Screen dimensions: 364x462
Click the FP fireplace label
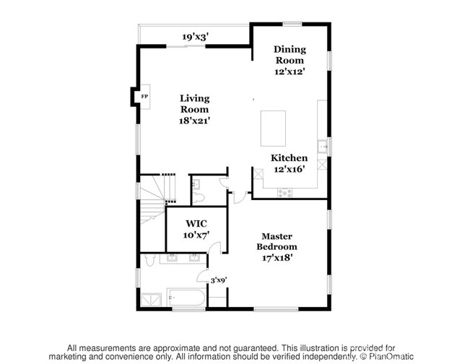(x=144, y=96)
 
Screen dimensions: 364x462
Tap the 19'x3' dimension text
(x=196, y=36)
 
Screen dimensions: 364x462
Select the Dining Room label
(x=289, y=60)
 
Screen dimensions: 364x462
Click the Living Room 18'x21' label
(x=194, y=109)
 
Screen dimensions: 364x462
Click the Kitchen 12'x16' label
(x=289, y=163)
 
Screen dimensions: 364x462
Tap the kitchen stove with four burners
(x=285, y=192)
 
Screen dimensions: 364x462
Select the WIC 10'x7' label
(x=196, y=229)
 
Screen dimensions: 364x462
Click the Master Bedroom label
(x=276, y=246)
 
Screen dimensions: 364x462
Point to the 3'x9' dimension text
(x=218, y=280)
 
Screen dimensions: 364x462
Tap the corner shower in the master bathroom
(x=152, y=298)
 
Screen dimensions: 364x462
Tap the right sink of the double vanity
(x=194, y=256)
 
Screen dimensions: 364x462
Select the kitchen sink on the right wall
(x=324, y=147)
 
